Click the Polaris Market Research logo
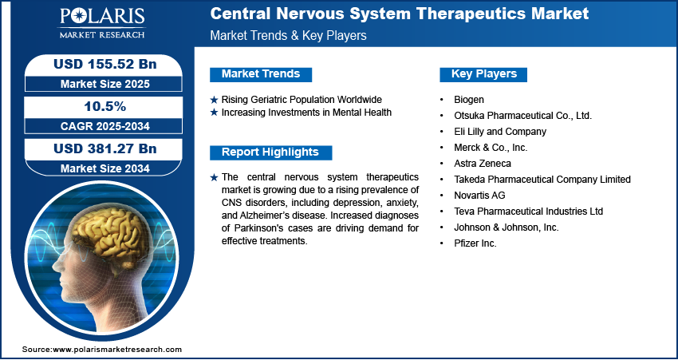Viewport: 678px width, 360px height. click(x=102, y=22)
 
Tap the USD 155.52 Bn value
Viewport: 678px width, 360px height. click(x=104, y=64)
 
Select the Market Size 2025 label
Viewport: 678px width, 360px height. click(x=104, y=84)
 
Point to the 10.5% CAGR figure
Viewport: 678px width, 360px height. click(x=104, y=106)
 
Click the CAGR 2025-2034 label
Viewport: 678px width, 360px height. click(x=104, y=126)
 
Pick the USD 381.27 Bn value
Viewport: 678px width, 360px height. click(x=104, y=148)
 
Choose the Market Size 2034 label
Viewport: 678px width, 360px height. click(x=104, y=168)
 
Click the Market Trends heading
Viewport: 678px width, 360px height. click(x=261, y=74)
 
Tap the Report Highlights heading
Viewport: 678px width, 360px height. click(x=270, y=152)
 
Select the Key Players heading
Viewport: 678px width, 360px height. click(x=484, y=74)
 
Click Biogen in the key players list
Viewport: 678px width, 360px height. click(x=469, y=100)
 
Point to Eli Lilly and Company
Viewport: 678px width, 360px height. click(x=500, y=132)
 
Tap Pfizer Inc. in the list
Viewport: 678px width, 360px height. click(x=475, y=243)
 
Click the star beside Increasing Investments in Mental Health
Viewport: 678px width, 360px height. click(x=214, y=113)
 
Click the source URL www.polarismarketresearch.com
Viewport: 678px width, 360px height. click(x=117, y=350)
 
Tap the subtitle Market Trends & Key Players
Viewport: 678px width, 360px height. click(x=288, y=36)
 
